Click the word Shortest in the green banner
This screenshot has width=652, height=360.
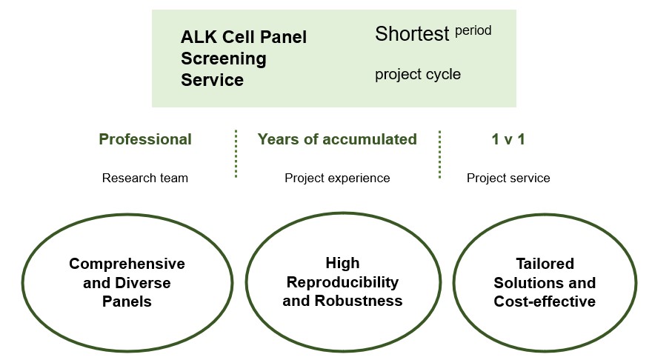(x=412, y=34)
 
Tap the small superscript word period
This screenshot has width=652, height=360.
(x=473, y=31)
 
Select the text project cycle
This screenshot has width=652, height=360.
(x=417, y=74)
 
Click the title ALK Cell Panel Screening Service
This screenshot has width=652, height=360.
(x=243, y=58)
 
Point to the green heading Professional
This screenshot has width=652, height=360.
(x=145, y=139)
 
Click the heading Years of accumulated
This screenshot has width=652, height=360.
(x=337, y=139)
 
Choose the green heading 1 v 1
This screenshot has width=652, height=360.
(x=508, y=139)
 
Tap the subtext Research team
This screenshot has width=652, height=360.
(x=145, y=178)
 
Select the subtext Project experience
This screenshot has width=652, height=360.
(x=337, y=178)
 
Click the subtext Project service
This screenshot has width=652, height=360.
(x=508, y=178)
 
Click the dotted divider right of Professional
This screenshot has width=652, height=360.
(x=236, y=154)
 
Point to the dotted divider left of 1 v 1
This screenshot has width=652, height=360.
(x=439, y=154)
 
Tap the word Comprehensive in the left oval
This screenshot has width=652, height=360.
(x=127, y=264)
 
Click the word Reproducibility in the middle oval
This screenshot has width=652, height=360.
(x=342, y=282)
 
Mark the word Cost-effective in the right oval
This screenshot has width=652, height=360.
(x=545, y=301)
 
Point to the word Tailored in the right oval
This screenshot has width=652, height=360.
(x=545, y=264)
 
